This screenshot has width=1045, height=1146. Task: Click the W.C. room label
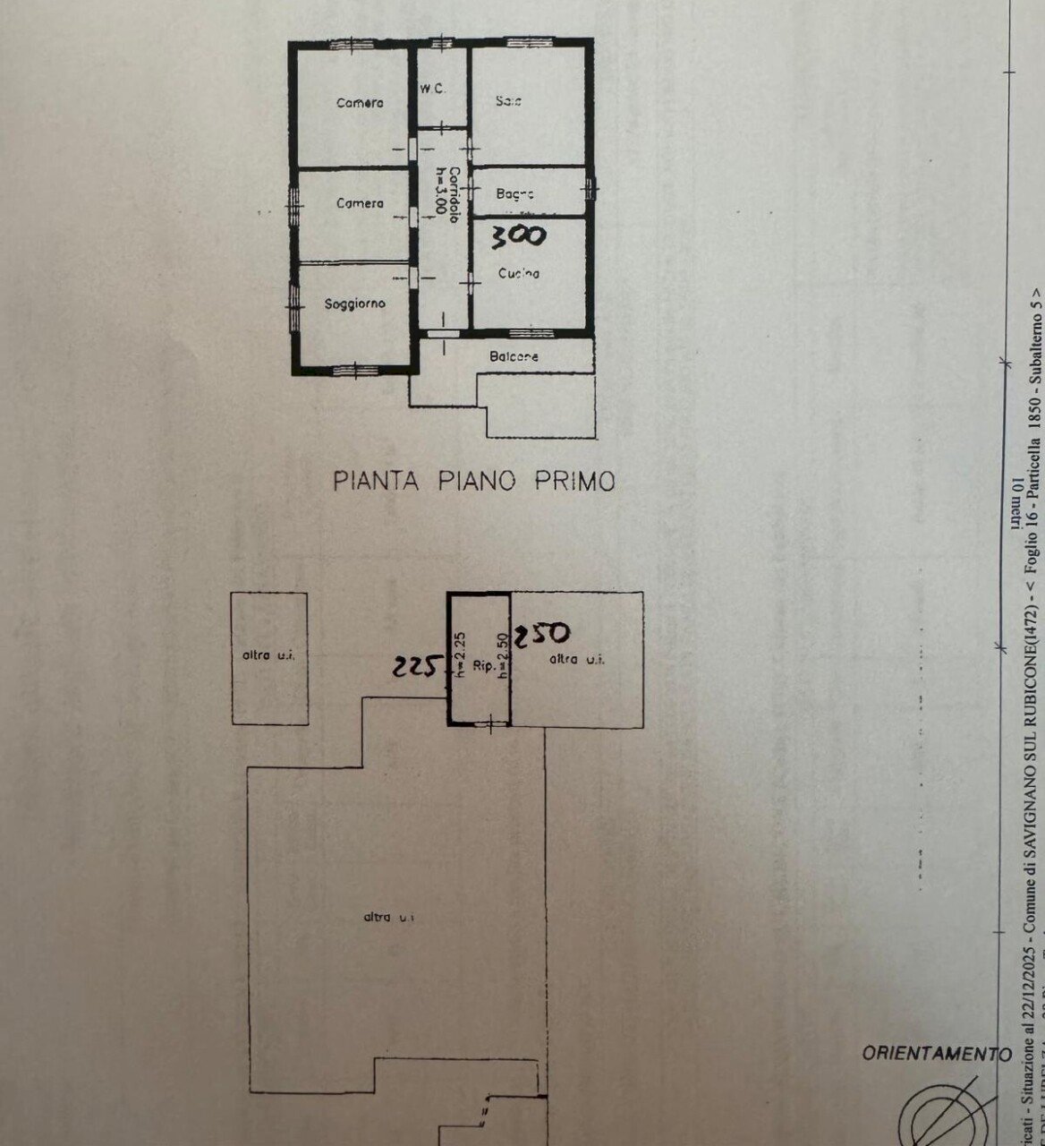click(x=433, y=89)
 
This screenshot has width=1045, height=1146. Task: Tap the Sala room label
click(x=508, y=102)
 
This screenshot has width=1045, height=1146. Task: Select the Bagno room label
click(x=514, y=193)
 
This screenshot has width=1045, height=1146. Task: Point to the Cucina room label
click(x=519, y=274)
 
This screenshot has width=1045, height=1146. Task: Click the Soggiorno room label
click(x=354, y=304)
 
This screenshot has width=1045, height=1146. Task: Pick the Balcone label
click(x=514, y=356)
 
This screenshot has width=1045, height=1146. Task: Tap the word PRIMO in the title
click(x=575, y=482)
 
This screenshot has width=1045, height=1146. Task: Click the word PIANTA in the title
click(x=377, y=482)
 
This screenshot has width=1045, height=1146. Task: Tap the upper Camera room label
click(x=360, y=103)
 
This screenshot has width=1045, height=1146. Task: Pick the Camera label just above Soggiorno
click(x=360, y=204)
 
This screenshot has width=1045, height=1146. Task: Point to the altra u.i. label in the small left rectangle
click(x=269, y=655)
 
